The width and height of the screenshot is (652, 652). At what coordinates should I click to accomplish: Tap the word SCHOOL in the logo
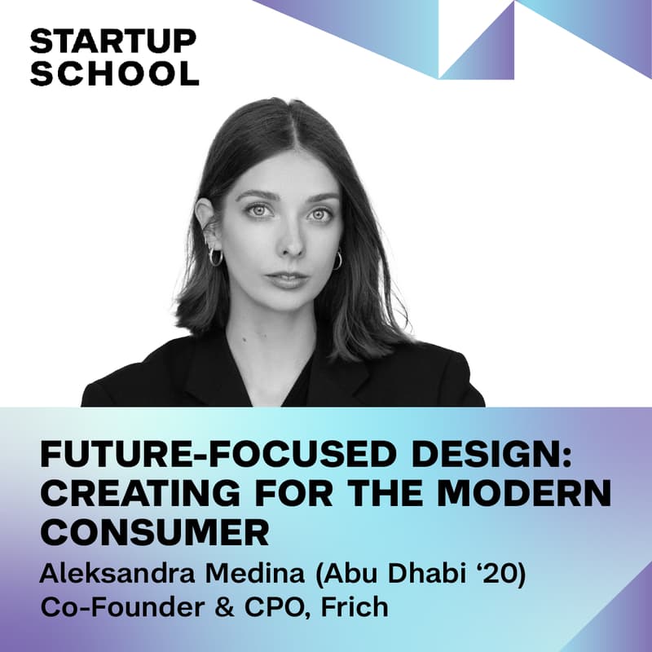pyautogui.click(x=113, y=73)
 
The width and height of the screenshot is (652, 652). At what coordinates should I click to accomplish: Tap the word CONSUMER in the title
pyautogui.click(x=154, y=534)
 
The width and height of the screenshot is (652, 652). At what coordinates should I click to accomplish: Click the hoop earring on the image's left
pyautogui.click(x=216, y=258)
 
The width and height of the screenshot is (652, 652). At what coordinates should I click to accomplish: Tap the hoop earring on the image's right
pyautogui.click(x=337, y=260)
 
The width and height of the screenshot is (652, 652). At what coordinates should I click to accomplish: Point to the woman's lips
pyautogui.click(x=287, y=279)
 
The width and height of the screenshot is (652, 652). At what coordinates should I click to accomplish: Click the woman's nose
pyautogui.click(x=287, y=242)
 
